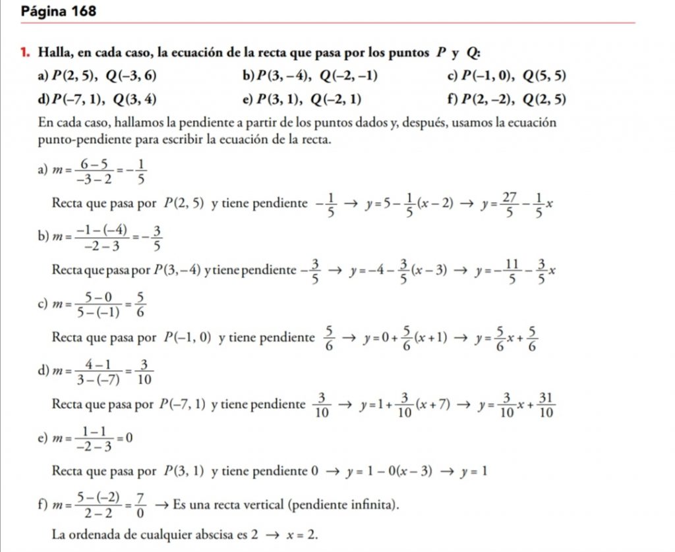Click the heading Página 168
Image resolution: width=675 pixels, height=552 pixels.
59,11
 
